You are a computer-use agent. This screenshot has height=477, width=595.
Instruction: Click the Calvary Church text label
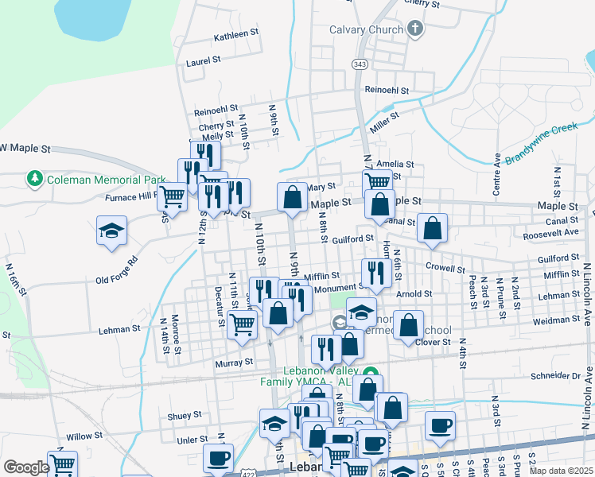point(366,30)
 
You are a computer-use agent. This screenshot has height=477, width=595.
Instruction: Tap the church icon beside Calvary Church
point(414,30)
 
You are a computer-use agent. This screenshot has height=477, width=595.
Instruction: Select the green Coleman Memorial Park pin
point(35,179)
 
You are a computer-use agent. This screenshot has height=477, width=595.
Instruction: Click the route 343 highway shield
point(360,64)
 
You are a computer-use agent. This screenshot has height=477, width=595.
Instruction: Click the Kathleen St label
point(236,36)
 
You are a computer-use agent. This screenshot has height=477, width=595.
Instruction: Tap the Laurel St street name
point(203,61)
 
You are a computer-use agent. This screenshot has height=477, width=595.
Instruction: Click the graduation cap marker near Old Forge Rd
point(112,231)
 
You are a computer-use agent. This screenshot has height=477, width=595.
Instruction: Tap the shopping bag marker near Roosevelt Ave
point(432,228)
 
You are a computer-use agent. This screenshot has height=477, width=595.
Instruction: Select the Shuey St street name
point(185,415)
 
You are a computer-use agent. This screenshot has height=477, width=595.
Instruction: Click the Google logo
point(26,467)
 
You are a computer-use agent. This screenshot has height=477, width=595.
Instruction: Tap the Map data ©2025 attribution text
point(561,471)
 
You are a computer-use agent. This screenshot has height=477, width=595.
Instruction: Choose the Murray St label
point(234,362)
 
